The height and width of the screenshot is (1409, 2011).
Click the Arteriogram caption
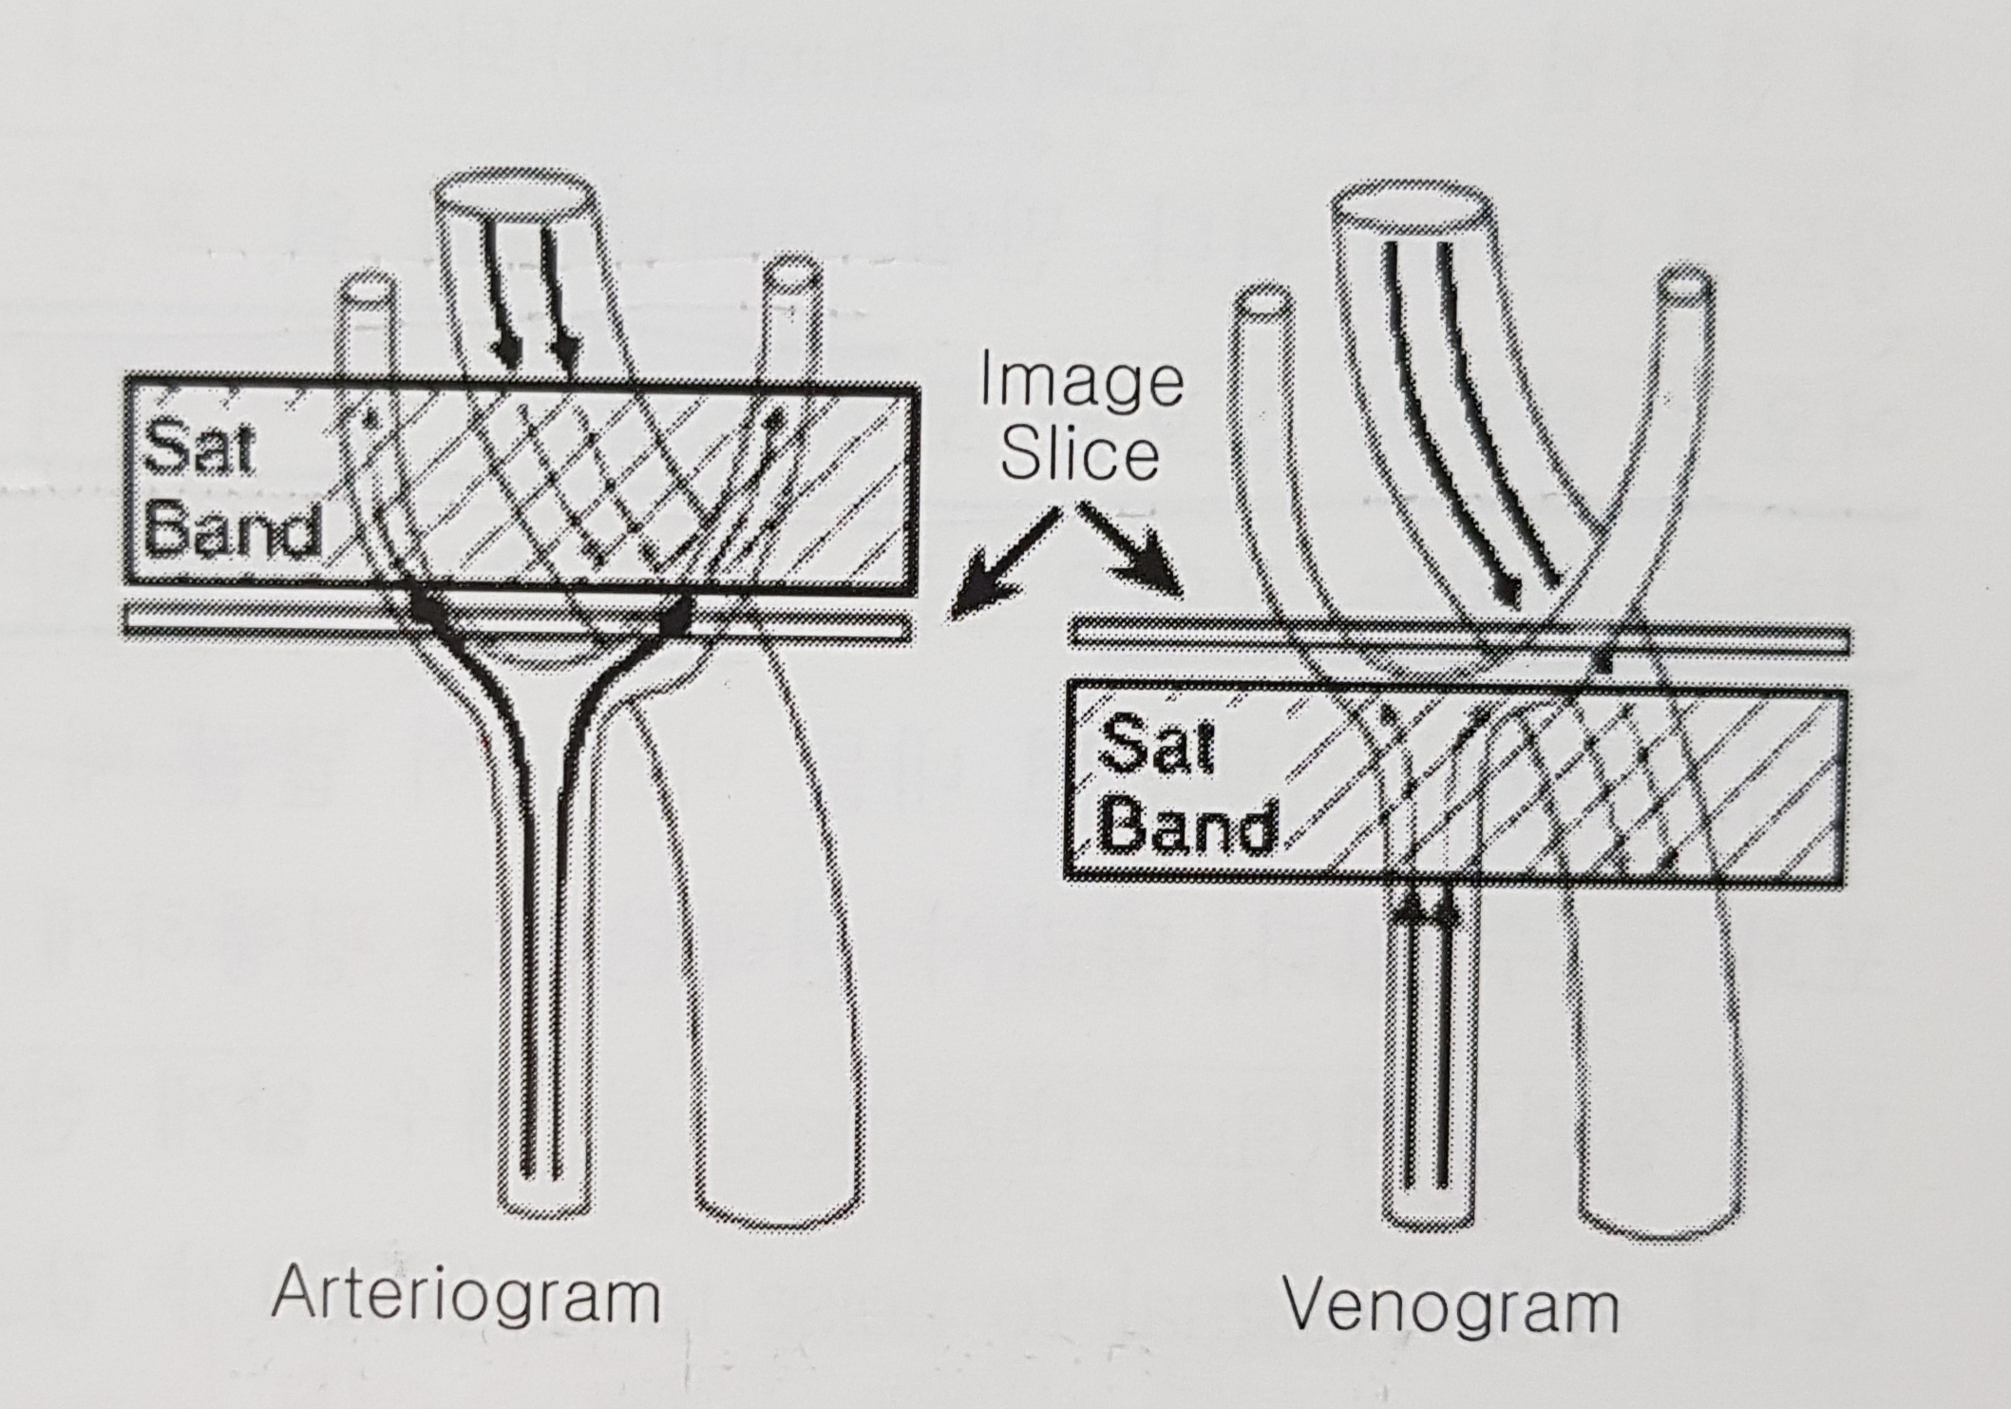click(466, 1294)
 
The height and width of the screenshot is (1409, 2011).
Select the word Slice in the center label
click(1080, 454)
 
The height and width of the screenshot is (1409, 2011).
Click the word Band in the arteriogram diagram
click(232, 530)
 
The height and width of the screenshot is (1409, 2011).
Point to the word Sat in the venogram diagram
click(1157, 746)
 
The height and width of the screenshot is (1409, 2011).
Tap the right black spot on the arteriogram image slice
click(676, 618)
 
